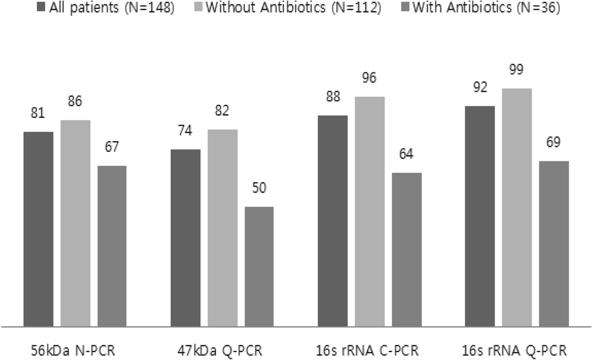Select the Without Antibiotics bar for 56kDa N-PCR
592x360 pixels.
tap(75, 223)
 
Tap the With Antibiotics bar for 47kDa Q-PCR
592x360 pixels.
tap(259, 266)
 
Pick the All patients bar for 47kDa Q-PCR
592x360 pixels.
tap(185, 238)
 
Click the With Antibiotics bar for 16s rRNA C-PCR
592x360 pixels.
tap(407, 250)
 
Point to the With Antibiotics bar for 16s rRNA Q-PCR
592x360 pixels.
tap(554, 244)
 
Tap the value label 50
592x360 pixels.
tap(259, 188)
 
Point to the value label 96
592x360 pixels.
tap(370, 78)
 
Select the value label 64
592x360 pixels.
tap(407, 154)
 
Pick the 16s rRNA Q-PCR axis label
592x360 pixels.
tap(516, 351)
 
